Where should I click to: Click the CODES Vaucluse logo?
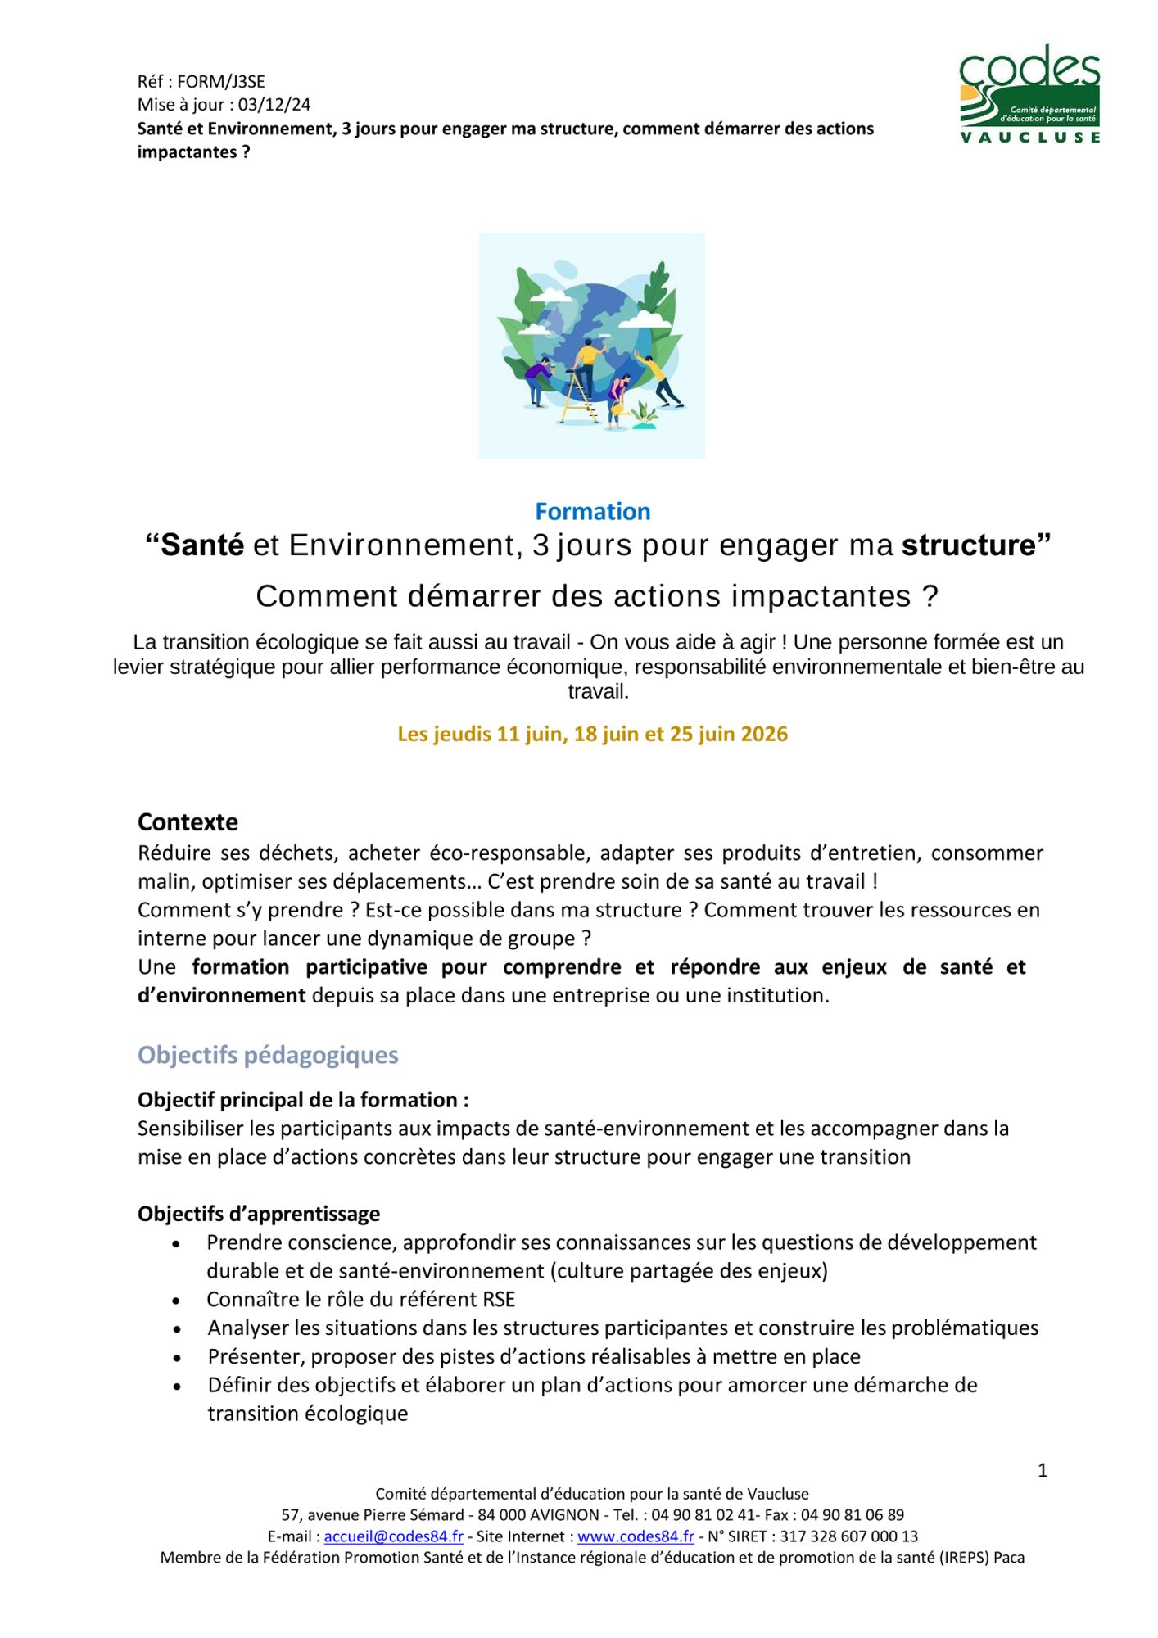(x=1029, y=94)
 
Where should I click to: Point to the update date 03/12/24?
(x=274, y=105)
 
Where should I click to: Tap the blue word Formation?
(x=592, y=511)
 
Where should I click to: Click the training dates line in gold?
(x=592, y=734)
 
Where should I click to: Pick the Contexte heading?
(x=188, y=821)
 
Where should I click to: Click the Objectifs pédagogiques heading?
(x=268, y=1055)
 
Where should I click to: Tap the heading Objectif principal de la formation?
(x=303, y=1100)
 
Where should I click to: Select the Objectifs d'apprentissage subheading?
(x=259, y=1214)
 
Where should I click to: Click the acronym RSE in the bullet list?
(x=498, y=1300)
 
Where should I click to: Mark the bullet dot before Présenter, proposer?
(x=177, y=1359)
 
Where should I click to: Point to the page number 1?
(x=1043, y=1471)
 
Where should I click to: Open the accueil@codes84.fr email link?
(x=393, y=1536)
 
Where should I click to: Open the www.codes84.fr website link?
(x=636, y=1536)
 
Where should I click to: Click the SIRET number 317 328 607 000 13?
(x=848, y=1536)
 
